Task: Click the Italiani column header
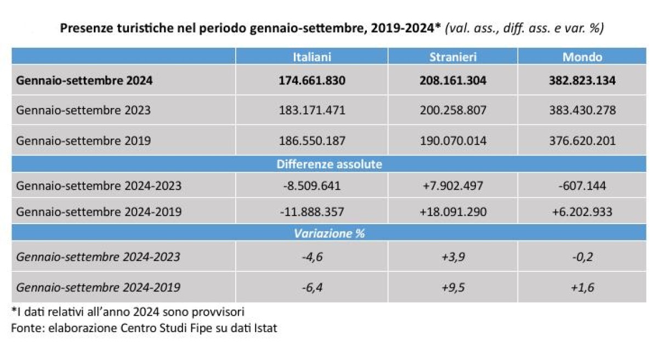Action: [312, 57]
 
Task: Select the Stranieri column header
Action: [453, 57]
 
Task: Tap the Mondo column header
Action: [582, 57]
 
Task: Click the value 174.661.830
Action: [312, 81]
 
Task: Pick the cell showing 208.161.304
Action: [453, 81]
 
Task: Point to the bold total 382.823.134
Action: [582, 81]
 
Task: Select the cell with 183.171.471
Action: [312, 110]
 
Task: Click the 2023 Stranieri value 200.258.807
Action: [453, 110]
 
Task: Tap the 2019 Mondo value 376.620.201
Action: [582, 141]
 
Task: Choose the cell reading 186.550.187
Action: [312, 141]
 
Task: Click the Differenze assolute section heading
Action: [329, 164]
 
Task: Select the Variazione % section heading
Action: [329, 233]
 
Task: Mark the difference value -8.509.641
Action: [312, 186]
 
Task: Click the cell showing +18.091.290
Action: [453, 212]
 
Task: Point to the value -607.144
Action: [582, 186]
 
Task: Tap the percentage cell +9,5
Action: [453, 287]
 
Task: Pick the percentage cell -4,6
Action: [312, 256]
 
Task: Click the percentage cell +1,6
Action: [582, 287]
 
